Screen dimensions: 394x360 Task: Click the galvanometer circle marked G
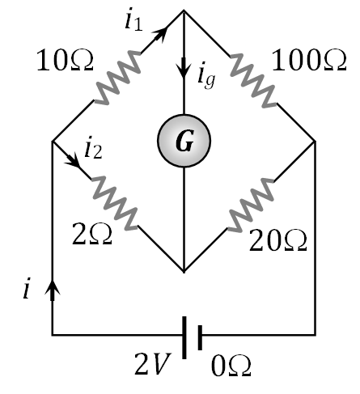point(184,142)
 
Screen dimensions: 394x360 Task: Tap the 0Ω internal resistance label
point(230,366)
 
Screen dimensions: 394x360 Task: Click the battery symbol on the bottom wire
point(193,334)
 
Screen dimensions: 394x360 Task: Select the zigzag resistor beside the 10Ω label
point(120,76)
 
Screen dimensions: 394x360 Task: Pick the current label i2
point(93,148)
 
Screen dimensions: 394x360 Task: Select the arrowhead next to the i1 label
point(165,31)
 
